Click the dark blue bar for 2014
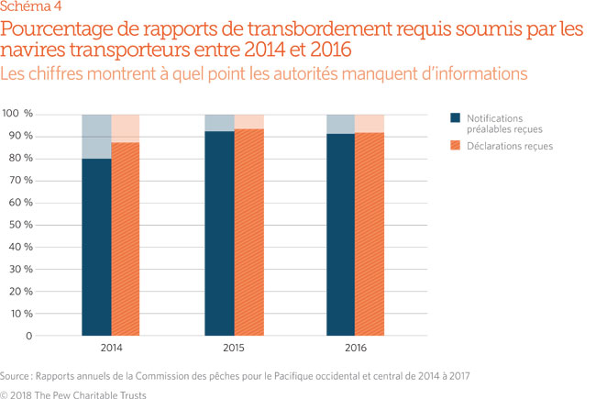(x=96, y=247)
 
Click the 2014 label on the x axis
(x=111, y=349)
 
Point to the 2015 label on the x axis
(x=233, y=349)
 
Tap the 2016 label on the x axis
(x=355, y=349)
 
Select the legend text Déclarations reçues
(x=510, y=146)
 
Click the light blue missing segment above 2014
(x=96, y=137)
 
